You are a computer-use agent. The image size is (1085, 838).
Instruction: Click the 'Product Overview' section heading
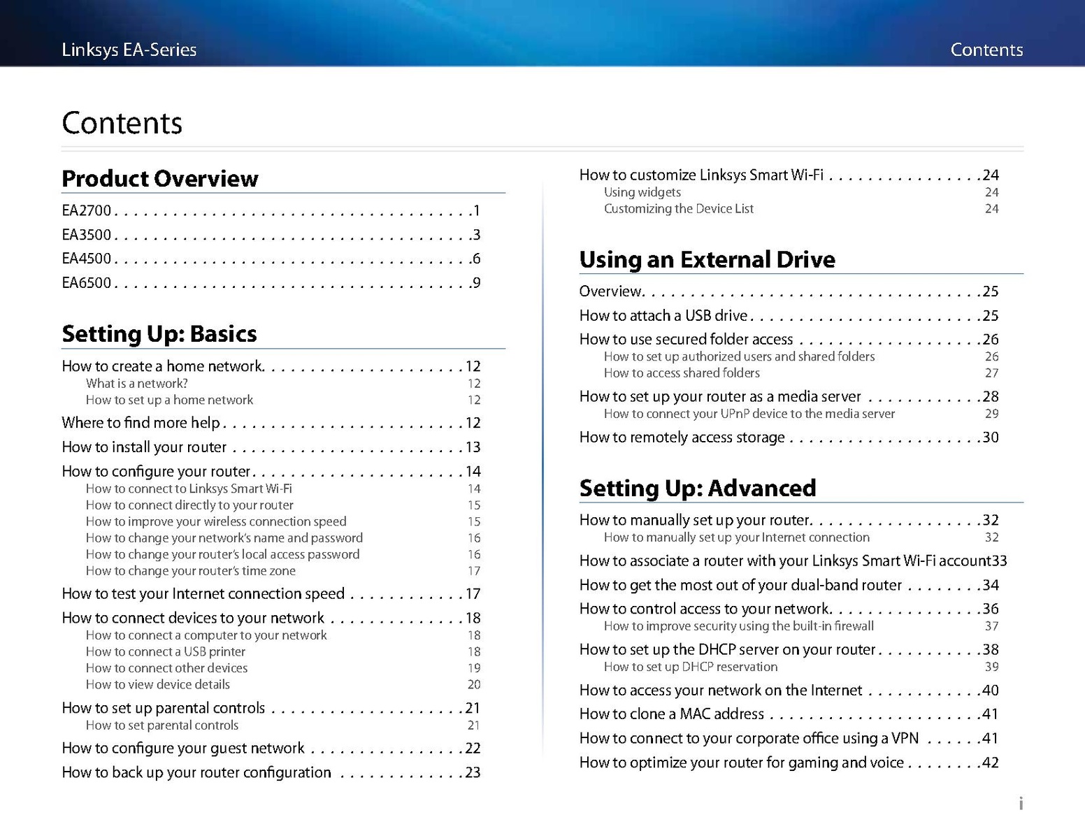[160, 179]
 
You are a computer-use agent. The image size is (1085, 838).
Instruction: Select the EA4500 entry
[87, 259]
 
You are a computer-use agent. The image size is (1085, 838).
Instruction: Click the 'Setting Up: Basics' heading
[159, 334]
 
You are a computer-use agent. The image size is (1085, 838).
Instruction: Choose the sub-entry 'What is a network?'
[137, 384]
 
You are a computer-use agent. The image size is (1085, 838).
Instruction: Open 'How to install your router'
[144, 447]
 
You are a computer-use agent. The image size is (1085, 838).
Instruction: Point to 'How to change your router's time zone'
[191, 571]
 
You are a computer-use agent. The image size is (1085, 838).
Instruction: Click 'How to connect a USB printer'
[166, 652]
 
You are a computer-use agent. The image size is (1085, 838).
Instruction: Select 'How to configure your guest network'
[183, 749]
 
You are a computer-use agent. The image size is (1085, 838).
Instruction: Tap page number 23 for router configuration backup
[473, 773]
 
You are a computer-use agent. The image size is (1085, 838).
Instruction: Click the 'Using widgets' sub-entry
[642, 192]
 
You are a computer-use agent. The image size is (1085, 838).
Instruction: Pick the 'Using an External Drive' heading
[707, 260]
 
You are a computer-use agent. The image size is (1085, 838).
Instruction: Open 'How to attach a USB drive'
[663, 316]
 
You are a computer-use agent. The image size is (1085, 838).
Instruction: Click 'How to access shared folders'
[682, 373]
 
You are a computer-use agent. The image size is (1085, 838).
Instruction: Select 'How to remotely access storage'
[682, 438]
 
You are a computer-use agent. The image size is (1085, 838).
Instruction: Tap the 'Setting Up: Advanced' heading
[698, 488]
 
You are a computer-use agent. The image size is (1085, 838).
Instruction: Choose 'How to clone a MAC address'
[672, 714]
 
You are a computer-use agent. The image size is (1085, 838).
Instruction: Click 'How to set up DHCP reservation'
[691, 667]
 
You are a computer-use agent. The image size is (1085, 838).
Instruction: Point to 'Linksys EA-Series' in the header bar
[129, 50]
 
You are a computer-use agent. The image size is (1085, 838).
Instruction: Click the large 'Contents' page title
[122, 123]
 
